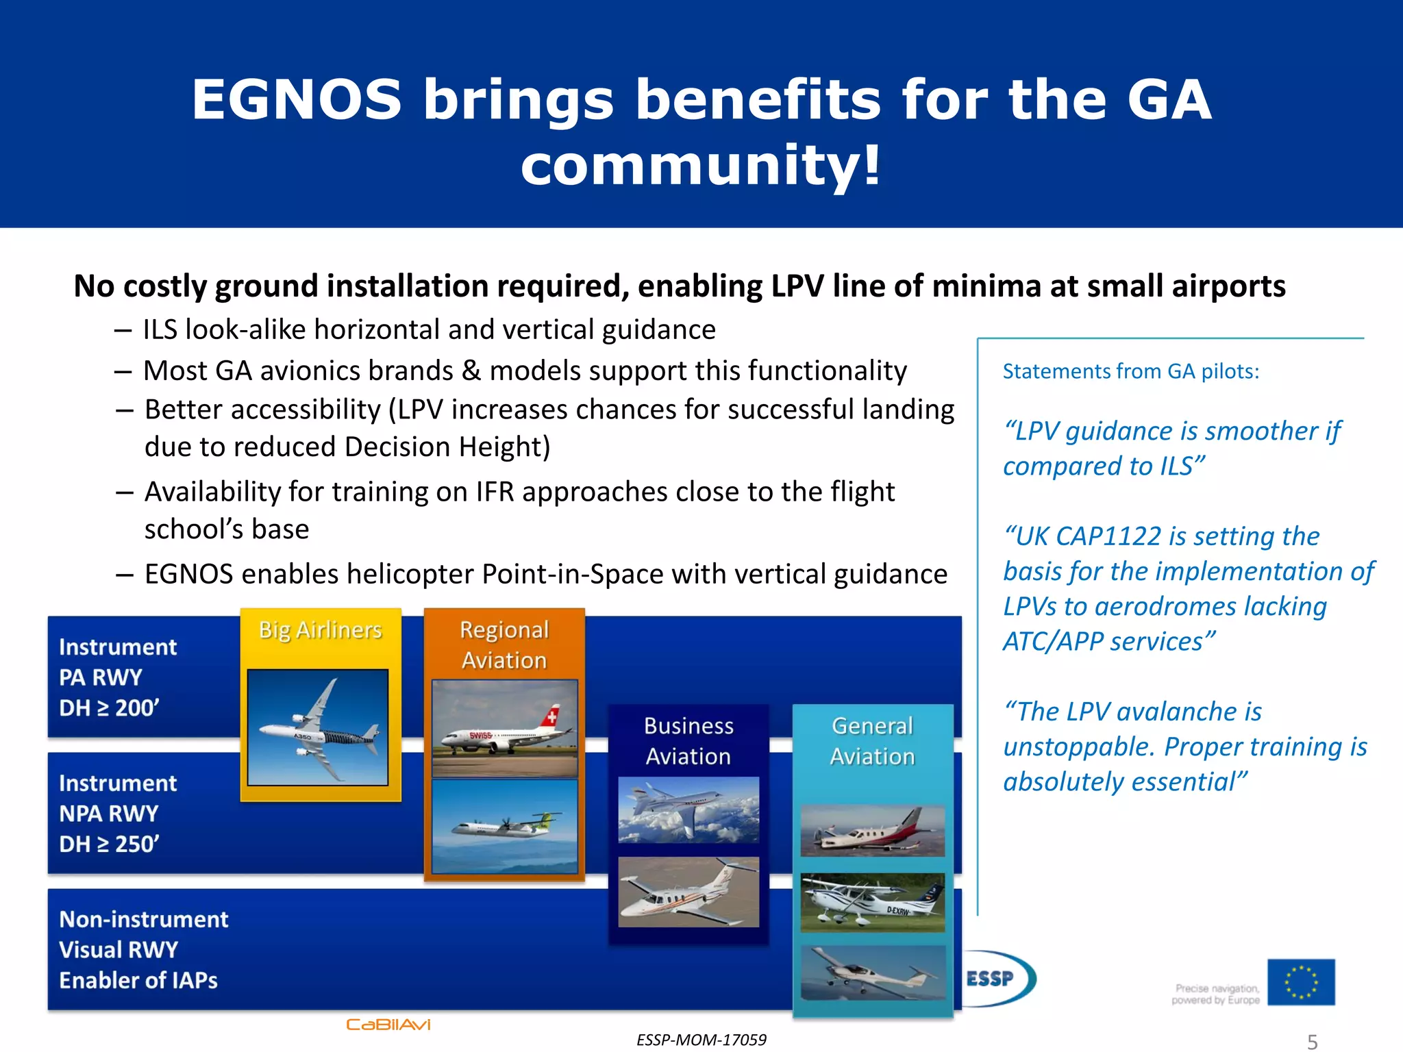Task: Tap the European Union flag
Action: pos(1300,982)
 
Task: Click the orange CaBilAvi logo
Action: pos(388,1025)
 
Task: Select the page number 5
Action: pos(1312,1042)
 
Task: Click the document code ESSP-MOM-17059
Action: pos(701,1040)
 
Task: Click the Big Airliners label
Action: pos(320,630)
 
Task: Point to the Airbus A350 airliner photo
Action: pos(318,727)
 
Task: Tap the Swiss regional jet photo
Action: pos(504,727)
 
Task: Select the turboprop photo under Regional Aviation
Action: pos(504,826)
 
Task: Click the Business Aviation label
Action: pos(688,740)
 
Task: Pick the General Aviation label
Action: pos(872,740)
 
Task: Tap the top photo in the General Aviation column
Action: pos(872,831)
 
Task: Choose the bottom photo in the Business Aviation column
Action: pos(688,892)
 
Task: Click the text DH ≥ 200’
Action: pos(109,707)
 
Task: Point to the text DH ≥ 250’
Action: pos(109,844)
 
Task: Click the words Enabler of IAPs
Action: pos(138,980)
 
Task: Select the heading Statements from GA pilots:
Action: pos(1130,371)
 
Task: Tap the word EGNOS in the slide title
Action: pos(296,100)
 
